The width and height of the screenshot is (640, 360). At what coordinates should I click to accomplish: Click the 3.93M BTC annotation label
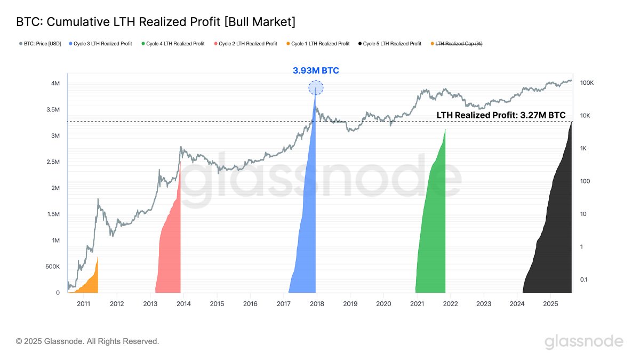coord(316,70)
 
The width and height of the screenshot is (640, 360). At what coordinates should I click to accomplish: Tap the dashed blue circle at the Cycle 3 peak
coord(316,88)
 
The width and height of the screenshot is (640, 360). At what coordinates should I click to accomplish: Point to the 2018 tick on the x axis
coord(317,303)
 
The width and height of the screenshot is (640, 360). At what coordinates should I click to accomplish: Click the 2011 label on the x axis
coord(83,303)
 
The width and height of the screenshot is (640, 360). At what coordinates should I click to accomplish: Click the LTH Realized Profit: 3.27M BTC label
coord(501,115)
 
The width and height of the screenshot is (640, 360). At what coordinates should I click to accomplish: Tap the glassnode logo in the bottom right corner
coord(583,341)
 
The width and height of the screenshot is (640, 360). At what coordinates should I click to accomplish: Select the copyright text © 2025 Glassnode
coord(87,341)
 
